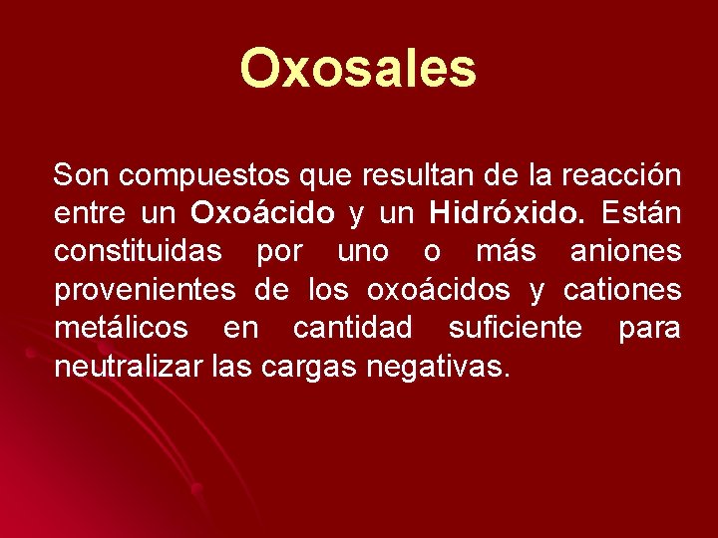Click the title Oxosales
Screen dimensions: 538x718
358,69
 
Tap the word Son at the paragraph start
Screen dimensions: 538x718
81,176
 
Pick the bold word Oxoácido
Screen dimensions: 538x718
263,214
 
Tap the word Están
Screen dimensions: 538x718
641,214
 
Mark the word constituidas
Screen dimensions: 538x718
138,252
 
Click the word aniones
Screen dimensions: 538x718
626,252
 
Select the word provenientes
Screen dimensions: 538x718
146,291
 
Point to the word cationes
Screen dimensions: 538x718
622,291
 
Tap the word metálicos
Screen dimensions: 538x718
121,329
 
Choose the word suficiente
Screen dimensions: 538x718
516,329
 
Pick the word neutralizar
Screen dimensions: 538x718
130,367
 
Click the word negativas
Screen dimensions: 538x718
439,368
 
